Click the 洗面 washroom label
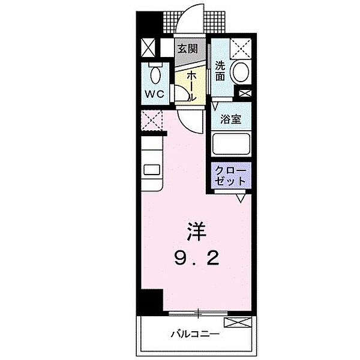pos(220,71)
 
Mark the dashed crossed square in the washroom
pos(241,46)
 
